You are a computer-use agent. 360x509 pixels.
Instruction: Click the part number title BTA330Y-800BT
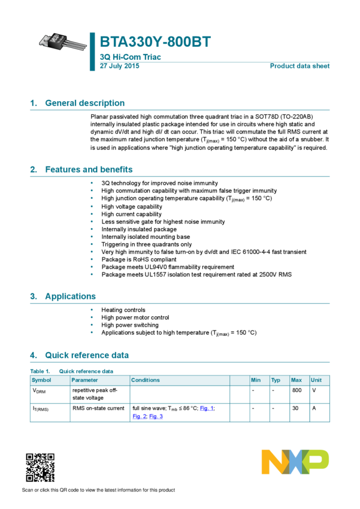[155, 43]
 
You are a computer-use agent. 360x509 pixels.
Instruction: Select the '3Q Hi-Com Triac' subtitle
[130, 57]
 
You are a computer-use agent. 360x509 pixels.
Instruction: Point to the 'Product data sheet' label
[300, 66]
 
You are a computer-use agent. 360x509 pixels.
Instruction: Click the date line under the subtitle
[119, 66]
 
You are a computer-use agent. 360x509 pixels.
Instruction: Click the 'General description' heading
[84, 103]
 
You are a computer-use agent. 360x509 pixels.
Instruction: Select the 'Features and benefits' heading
[89, 169]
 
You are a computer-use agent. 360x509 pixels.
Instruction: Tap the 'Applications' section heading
[70, 296]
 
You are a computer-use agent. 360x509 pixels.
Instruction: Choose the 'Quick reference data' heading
[87, 355]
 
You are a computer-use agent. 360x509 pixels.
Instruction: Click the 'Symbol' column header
[41, 380]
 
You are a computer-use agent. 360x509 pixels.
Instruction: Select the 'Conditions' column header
[146, 380]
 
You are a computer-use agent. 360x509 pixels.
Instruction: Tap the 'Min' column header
[256, 380]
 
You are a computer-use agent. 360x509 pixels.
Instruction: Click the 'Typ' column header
[276, 380]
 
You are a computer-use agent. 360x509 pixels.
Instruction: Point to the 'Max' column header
[296, 380]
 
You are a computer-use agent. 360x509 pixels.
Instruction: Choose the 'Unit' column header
[316, 380]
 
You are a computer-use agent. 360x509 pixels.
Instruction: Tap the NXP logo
[295, 462]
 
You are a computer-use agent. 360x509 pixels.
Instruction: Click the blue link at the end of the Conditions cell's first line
[207, 408]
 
